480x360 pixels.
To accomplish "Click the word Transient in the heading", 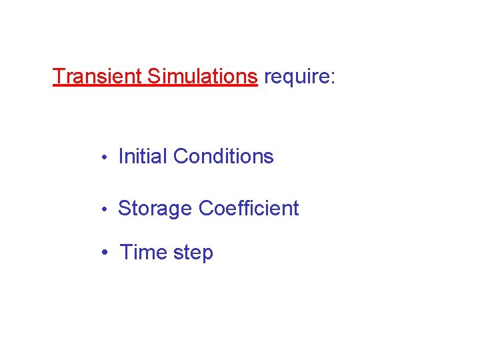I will tap(97, 77).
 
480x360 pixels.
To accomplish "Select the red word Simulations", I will tap(202, 77).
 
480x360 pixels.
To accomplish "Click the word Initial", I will tap(143, 157).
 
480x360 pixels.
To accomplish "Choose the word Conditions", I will tap(223, 157).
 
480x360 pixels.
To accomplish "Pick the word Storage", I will tap(155, 209).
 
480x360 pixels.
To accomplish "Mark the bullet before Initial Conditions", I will tap(104, 158).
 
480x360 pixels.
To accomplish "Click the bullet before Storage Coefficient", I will tap(104, 210).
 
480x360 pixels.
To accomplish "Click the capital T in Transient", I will tap(59, 77).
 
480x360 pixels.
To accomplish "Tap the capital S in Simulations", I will tap(153, 77).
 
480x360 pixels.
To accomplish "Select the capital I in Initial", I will tap(121, 157).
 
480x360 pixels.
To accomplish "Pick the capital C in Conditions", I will tap(181, 157).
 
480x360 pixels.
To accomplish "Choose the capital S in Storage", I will tap(125, 209).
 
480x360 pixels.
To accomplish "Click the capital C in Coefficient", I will tap(207, 209).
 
